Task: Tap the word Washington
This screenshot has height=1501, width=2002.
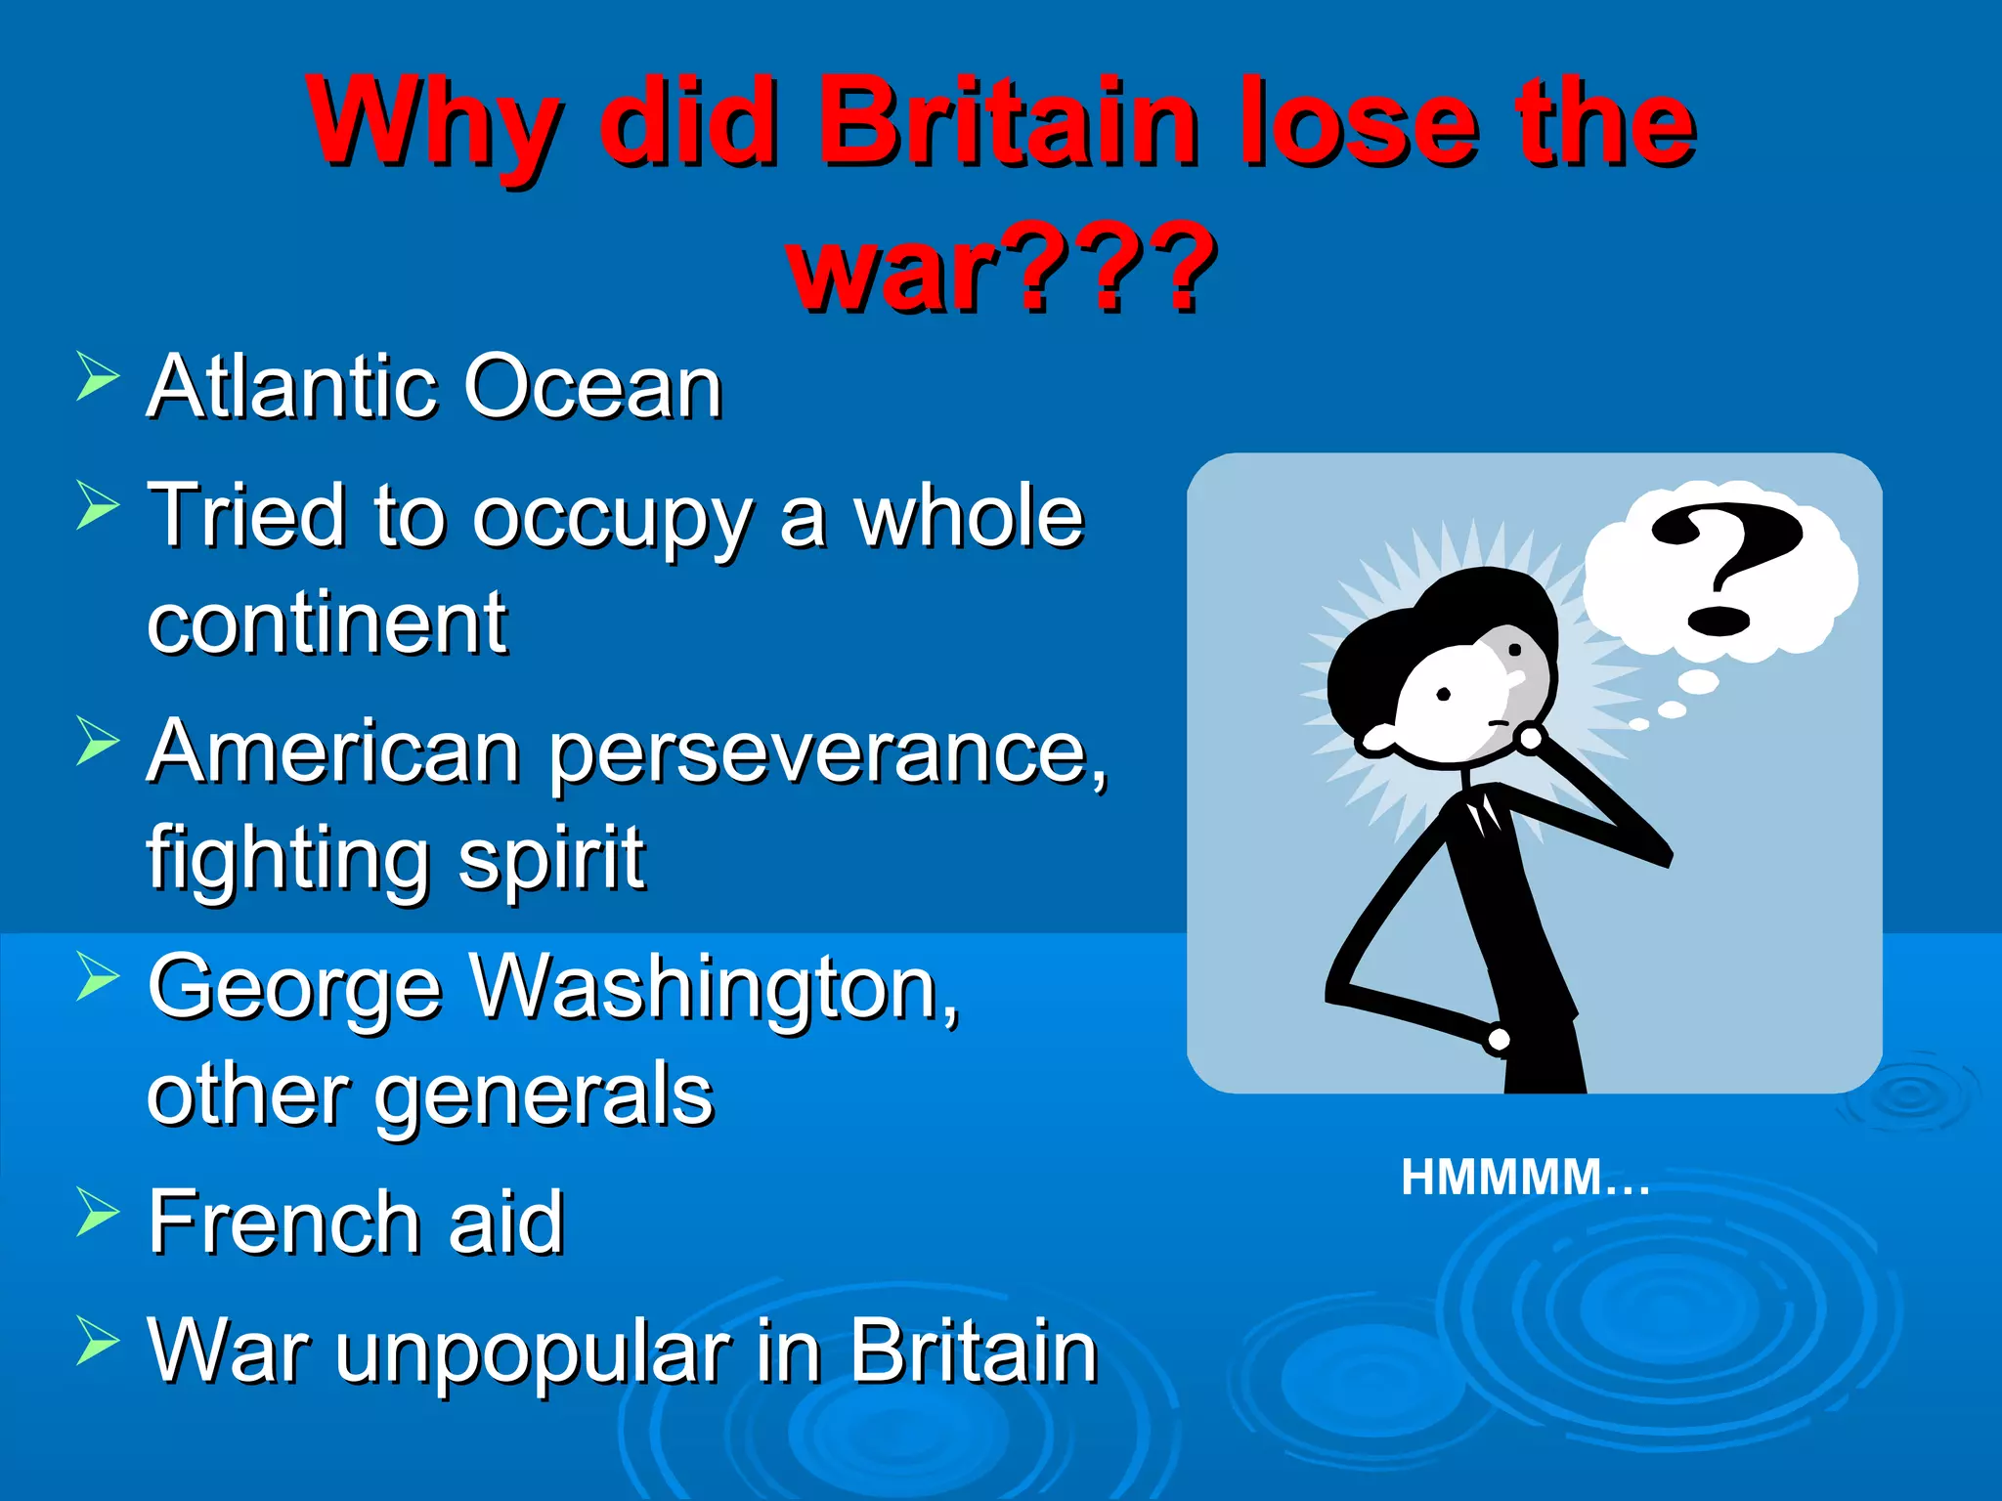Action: (x=704, y=987)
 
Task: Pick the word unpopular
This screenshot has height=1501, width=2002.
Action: (x=533, y=1353)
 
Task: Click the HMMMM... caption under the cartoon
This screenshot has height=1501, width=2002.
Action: (x=1525, y=1178)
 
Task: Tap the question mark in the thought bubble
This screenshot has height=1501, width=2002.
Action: (x=1725, y=567)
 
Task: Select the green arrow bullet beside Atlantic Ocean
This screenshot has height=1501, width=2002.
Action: (x=97, y=377)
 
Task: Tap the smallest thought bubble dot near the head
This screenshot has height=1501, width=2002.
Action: (x=1639, y=724)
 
